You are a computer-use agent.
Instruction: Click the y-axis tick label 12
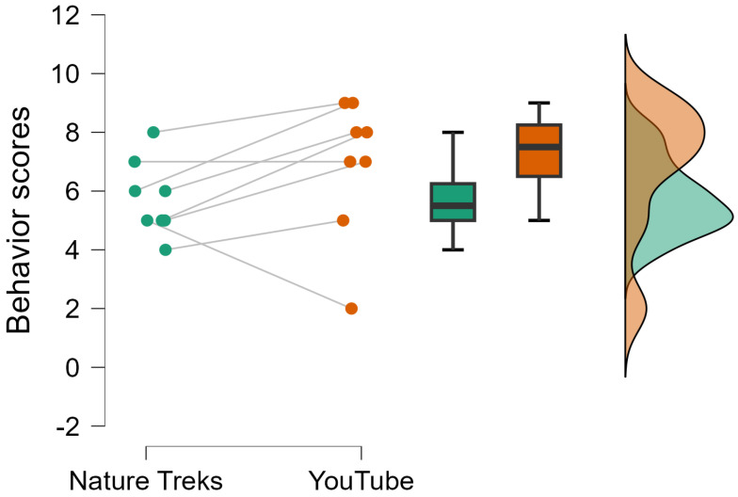[67, 16]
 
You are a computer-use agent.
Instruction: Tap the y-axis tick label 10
[67, 74]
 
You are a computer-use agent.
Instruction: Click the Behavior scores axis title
[23, 220]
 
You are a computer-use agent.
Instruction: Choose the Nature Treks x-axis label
[146, 481]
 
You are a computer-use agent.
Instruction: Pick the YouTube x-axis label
[361, 481]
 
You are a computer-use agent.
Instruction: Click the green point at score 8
[153, 133]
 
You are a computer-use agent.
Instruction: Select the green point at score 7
[135, 162]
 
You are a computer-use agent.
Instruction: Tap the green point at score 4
[166, 249]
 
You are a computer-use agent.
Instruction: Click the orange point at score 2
[351, 309]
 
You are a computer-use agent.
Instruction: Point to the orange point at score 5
[344, 220]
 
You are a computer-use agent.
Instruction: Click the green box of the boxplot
[453, 201]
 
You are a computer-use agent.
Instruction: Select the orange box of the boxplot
[539, 151]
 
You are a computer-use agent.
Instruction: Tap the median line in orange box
[539, 147]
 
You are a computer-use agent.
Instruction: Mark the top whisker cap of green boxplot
[453, 133]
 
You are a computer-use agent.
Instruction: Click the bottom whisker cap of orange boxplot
[539, 220]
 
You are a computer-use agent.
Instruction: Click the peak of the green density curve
[730, 216]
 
